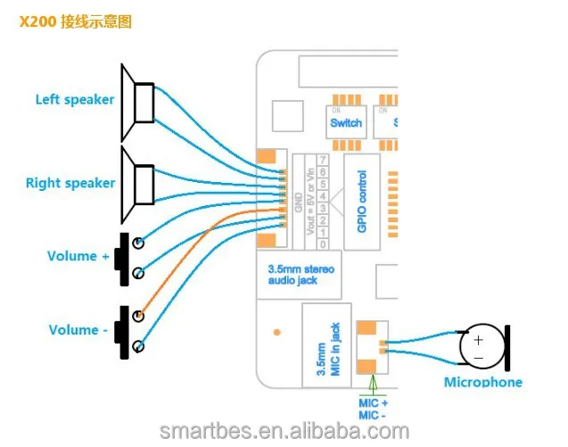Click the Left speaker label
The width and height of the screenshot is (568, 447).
pos(75,99)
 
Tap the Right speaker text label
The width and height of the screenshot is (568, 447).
pos(70,183)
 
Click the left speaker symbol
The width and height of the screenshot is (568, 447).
pos(139,102)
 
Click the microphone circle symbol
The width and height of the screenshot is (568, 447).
pos(479,348)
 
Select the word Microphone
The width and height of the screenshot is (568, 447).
pos(483,383)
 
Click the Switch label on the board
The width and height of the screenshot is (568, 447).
pos(346,122)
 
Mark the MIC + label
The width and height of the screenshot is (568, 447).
pos(373,404)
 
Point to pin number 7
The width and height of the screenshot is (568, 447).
pos(322,159)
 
